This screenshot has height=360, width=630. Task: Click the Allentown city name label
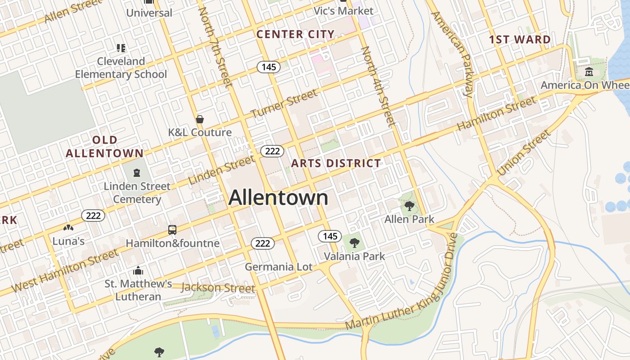pos(278,198)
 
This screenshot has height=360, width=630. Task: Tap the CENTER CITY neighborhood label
pos(295,34)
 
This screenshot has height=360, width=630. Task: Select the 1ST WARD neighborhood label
pos(520,40)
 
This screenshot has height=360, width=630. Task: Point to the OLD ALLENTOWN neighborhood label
pos(104,147)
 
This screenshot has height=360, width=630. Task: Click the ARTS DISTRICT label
pos(336,163)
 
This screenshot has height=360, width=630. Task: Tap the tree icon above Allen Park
pos(409,206)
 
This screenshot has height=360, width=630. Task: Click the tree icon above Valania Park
pos(355,243)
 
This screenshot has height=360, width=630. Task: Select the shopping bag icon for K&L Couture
pos(200,119)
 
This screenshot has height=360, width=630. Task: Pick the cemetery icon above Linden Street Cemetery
pos(137,172)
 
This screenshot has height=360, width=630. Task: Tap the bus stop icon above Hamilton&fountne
pos(172,230)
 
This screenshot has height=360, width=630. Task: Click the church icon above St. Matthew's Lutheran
pos(138,270)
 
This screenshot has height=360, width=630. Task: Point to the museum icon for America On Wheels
pos(589,72)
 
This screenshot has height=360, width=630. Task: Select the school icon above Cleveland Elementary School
pos(121,48)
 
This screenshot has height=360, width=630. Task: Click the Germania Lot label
pos(279,267)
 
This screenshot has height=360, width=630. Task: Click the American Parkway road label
pos(452,54)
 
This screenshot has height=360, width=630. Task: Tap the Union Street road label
pos(523,153)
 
